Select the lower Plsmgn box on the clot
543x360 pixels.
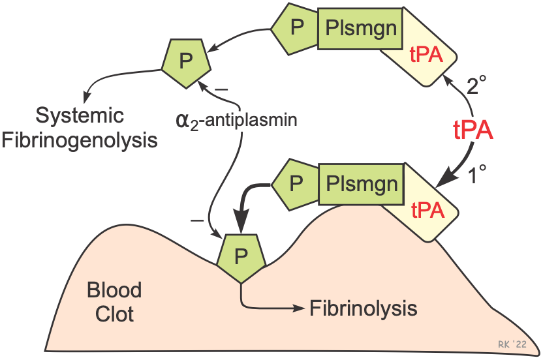(360, 184)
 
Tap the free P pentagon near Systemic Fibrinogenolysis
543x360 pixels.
(186, 61)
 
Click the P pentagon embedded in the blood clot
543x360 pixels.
(241, 256)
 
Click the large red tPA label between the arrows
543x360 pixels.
(473, 130)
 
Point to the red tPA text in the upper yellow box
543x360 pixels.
(426, 55)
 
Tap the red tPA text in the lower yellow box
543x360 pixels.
(427, 210)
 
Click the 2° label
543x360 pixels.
(478, 85)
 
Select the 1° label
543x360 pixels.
(478, 175)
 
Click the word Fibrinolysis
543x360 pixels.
(364, 307)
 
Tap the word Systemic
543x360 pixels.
(80, 116)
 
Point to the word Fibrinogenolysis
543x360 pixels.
(80, 140)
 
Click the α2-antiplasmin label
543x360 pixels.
(237, 121)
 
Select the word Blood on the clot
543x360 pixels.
(114, 290)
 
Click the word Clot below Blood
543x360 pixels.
(114, 314)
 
